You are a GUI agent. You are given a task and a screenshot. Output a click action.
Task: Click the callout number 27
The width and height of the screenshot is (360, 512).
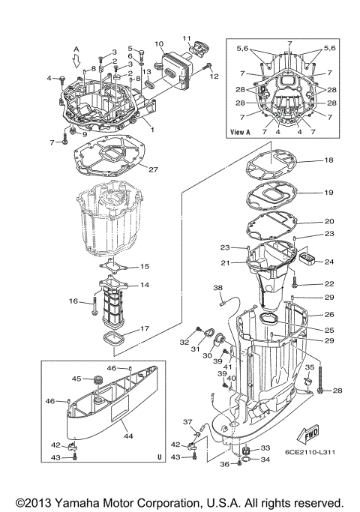point(153,169)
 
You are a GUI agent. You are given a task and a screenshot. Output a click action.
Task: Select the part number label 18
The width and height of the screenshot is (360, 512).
point(328,160)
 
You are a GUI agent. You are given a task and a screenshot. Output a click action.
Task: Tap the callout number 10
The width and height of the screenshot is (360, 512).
point(159,44)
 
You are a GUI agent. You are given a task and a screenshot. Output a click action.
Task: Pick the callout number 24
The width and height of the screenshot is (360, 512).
point(328,262)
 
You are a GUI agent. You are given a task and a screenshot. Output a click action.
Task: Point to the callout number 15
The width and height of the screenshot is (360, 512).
point(145,266)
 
